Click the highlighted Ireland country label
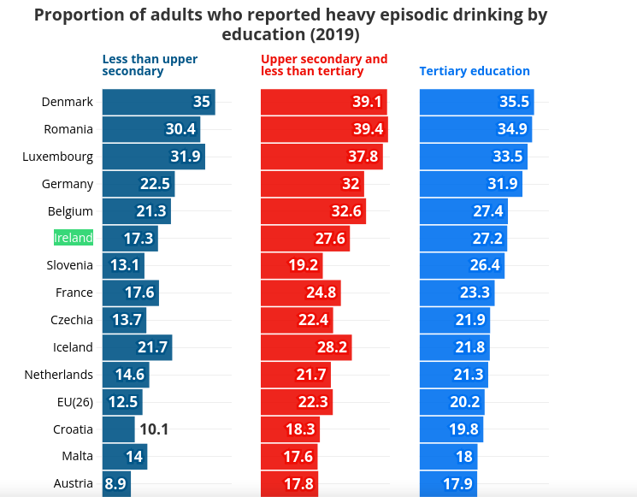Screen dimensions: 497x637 pos(74,238)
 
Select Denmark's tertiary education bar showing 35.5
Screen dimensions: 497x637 pos(476,102)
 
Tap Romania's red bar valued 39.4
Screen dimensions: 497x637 pos(324,129)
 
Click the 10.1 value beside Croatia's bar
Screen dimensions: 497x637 pos(154,429)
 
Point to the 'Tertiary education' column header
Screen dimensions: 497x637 pos(475,71)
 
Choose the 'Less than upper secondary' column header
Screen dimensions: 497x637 pos(150,65)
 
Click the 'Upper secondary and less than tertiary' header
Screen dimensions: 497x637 pos(324,65)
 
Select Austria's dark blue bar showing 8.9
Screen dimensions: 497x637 pos(115,484)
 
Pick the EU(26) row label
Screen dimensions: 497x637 pos(74,401)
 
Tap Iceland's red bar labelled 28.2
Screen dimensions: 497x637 pos(306,347)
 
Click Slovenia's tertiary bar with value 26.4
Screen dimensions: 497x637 pos(461,265)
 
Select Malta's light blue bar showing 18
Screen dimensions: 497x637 pos(448,457)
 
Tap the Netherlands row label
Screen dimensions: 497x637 pos(58,375)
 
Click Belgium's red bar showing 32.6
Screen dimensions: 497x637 pos(313,211)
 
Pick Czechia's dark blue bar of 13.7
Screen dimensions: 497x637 pos(124,320)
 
